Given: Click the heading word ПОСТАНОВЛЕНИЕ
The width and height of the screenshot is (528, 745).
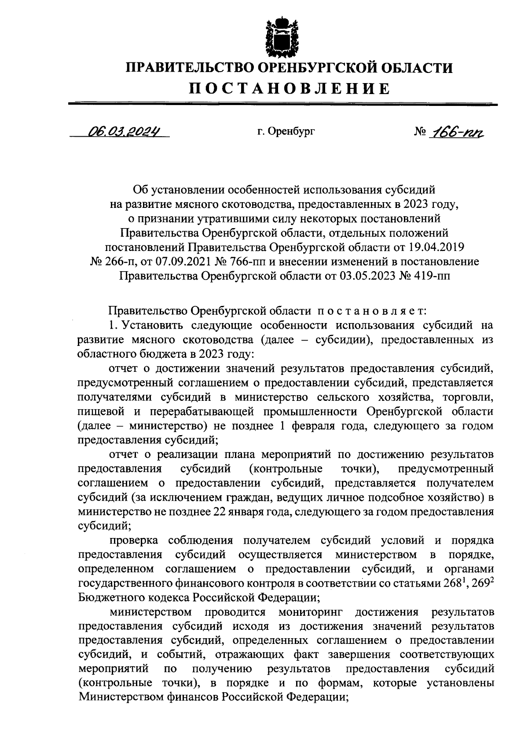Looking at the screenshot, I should coord(289,89).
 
